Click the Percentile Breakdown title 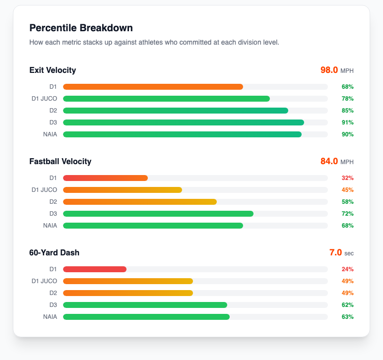point(81,28)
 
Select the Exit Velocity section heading point(53,70)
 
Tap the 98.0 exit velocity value point(329,70)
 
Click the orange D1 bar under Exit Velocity point(153,87)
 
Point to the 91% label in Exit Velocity point(347,122)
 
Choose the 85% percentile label point(347,111)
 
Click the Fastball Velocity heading point(60,161)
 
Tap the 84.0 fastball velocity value point(329,161)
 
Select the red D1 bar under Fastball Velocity point(105,178)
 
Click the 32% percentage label point(347,178)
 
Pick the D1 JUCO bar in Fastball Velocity point(123,190)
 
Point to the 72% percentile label point(347,214)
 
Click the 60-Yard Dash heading point(54,252)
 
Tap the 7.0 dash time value point(335,252)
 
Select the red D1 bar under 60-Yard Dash point(95,269)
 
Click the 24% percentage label point(347,269)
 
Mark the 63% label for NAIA point(347,317)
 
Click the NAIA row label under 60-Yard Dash point(50,317)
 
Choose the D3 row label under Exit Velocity point(53,122)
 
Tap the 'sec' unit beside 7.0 point(349,253)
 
